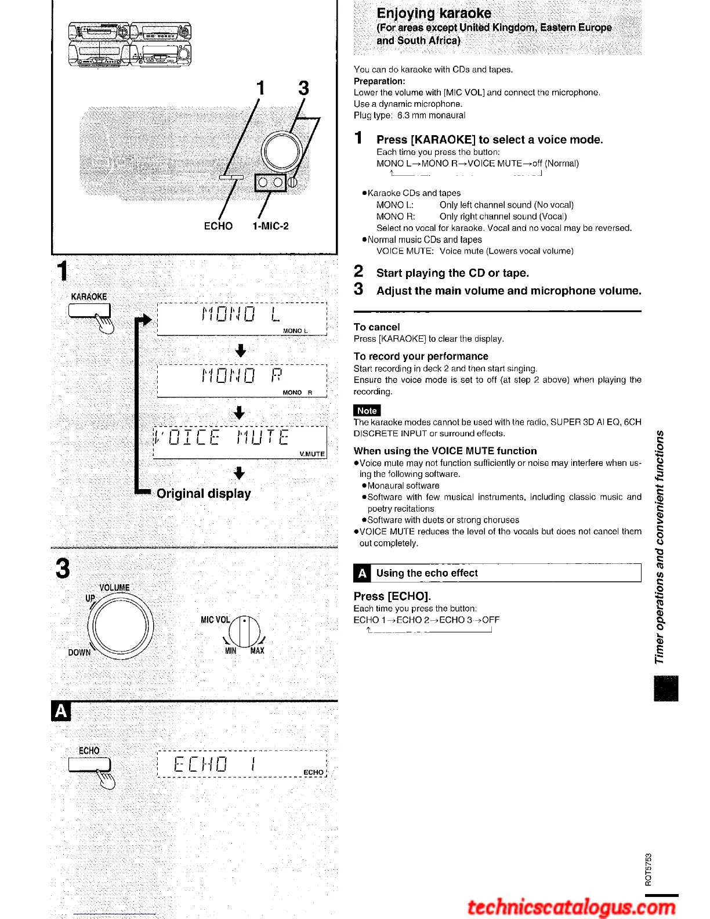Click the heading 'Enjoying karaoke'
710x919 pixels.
tap(433, 13)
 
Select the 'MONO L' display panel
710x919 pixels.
tap(242, 319)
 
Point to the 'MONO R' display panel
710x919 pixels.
tap(242, 381)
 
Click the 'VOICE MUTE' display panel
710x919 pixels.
tap(240, 442)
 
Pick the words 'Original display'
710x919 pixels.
tap(204, 494)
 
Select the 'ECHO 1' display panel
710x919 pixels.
tap(242, 765)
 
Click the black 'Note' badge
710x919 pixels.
tap(367, 410)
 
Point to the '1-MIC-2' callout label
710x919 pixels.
tap(270, 226)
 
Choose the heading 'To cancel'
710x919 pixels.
tap(376, 327)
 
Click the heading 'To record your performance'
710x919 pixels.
tap(421, 356)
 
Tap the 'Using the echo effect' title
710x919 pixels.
tap(426, 573)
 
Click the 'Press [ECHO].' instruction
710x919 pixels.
tap(392, 596)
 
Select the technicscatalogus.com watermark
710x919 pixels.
tap(571, 907)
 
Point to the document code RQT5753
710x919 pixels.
tap(648, 869)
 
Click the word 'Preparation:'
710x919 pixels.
tap(379, 81)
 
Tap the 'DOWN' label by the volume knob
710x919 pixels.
tap(79, 653)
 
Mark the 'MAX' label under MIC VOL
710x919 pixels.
tap(257, 651)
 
